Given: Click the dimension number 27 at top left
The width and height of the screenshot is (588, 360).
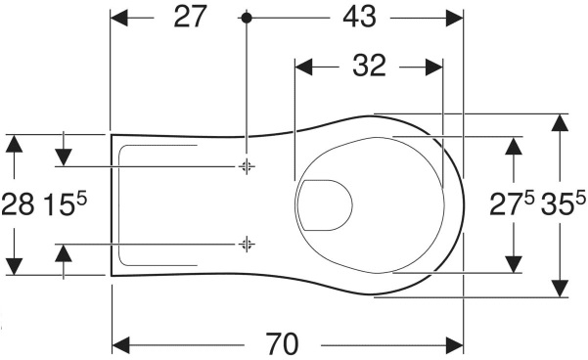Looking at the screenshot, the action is point(190,17).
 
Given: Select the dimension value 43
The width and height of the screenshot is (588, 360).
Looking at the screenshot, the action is point(359,17).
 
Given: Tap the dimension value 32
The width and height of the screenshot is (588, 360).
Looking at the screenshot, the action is point(369,66).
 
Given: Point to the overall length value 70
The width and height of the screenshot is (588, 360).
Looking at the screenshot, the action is point(283,344).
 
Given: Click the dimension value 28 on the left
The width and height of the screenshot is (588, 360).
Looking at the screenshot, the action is point(18,205).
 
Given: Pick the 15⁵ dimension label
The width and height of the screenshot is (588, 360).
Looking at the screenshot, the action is point(66,203).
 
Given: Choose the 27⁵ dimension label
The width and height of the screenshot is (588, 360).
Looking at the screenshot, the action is point(512,203).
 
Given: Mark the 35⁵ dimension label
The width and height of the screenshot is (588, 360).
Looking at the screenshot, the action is point(563,203).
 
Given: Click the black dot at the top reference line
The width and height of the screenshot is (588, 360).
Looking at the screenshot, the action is point(246,18).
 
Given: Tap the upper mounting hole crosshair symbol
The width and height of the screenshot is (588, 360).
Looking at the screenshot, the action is point(247,166).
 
